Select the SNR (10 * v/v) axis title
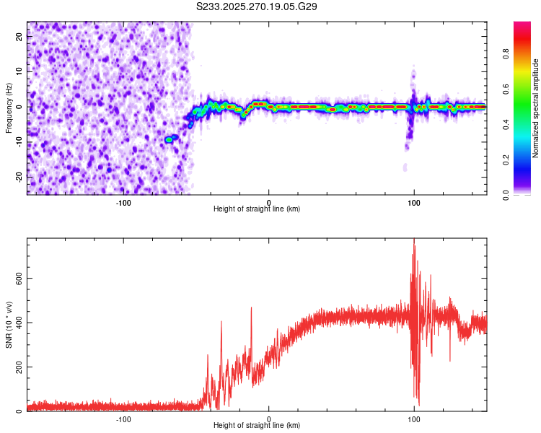[9, 325]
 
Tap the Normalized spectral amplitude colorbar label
[536, 108]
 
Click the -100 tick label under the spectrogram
[123, 202]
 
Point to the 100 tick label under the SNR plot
[414, 419]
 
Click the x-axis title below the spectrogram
[257, 209]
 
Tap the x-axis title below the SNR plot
[257, 426]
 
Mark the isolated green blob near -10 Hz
[170, 139]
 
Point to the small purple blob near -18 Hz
[405, 167]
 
